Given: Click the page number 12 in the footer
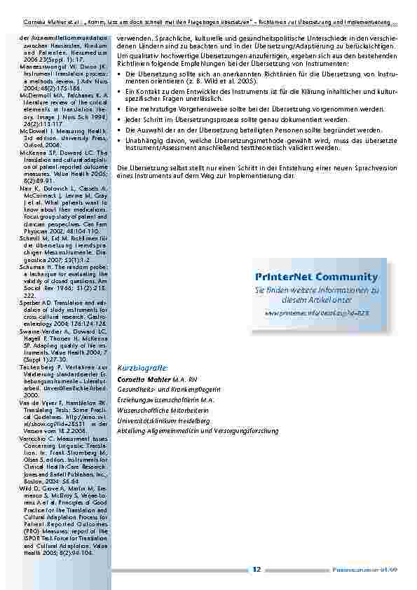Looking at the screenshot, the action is tap(257, 570).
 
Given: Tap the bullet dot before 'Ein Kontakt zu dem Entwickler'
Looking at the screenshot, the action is tap(119, 92).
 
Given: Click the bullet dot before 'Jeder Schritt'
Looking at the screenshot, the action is tap(119, 120).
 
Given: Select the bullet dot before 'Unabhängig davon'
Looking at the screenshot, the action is tap(119, 139).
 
